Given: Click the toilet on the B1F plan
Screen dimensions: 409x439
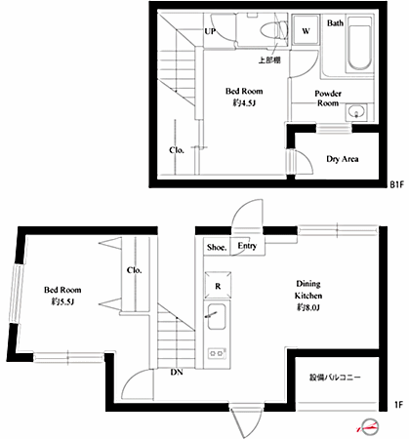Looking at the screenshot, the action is [x=274, y=30].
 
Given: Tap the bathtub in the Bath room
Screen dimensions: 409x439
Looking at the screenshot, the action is [x=359, y=43].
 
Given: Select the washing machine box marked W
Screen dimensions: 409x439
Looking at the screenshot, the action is [x=306, y=30].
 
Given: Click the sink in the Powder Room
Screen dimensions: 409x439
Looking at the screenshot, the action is [x=356, y=112].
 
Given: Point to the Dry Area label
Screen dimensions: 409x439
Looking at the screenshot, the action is [x=343, y=159].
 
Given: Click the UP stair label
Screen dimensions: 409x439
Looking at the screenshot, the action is [x=210, y=31].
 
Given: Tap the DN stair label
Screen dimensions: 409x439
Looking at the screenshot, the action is [x=177, y=373].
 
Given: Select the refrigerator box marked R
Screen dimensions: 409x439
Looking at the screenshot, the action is [x=218, y=285].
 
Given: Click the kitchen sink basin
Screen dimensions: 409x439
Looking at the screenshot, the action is [x=217, y=317].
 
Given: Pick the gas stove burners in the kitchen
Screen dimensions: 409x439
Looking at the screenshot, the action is [x=217, y=353].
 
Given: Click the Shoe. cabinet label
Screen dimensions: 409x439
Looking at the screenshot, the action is [x=217, y=248].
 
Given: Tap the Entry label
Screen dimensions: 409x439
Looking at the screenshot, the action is [x=247, y=246].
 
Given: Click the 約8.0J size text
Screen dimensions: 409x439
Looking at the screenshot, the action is [x=307, y=307].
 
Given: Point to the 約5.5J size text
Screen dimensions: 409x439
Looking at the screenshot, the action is [x=62, y=302].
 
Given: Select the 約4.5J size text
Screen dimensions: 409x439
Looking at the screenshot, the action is [x=244, y=103].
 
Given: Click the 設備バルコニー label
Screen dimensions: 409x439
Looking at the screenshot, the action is [x=335, y=378].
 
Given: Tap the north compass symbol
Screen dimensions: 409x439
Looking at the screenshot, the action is [x=369, y=427].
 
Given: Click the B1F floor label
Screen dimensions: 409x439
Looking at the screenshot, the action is [x=396, y=185].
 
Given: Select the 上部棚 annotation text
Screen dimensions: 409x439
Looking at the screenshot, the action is [x=269, y=60].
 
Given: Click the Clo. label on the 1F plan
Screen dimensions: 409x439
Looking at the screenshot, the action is [x=134, y=270].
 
